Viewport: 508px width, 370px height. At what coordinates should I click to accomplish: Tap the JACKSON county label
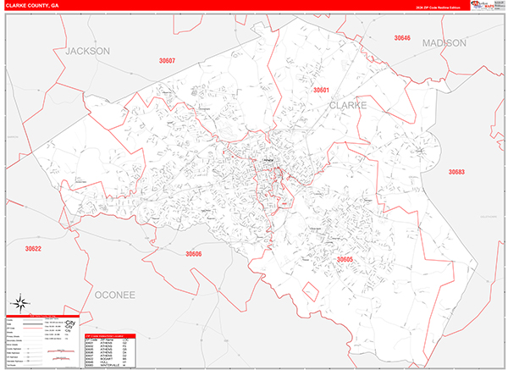88,52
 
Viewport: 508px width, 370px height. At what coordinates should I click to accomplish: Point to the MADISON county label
444,42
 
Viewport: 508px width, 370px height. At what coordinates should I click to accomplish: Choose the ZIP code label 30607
167,61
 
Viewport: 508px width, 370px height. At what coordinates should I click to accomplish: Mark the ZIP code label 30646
402,38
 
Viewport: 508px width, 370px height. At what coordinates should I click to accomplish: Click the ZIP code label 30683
456,172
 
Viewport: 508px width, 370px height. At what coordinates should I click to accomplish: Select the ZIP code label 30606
194,253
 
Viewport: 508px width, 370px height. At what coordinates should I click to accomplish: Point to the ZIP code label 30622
33,248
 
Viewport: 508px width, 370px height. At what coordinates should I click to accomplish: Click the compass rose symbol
22,303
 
